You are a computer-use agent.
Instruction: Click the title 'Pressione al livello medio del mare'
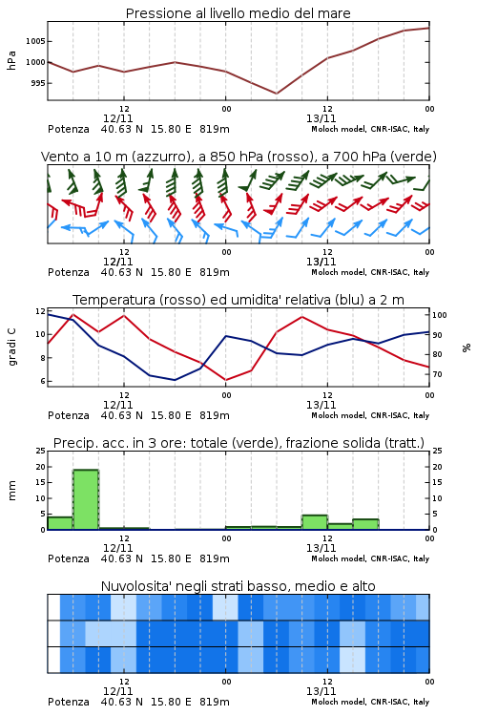tap(238, 13)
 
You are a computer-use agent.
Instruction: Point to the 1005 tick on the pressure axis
tap(35, 41)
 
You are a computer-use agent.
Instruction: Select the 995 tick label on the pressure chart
tap(37, 83)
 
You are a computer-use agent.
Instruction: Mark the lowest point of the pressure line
tap(276, 94)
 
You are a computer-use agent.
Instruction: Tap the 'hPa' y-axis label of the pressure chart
tap(11, 60)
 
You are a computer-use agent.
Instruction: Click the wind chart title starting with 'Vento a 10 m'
tap(238, 157)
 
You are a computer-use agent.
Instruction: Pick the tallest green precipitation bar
tap(86, 499)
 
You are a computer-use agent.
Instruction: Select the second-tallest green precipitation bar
tap(315, 522)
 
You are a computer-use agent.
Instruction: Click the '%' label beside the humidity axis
tap(467, 347)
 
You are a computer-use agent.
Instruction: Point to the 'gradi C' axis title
tap(11, 347)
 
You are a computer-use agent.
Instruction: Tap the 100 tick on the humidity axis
tap(440, 315)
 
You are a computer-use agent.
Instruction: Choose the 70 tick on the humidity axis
tap(437, 374)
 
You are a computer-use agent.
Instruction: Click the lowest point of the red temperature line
tap(225, 380)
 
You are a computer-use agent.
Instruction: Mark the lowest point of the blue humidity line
tap(175, 380)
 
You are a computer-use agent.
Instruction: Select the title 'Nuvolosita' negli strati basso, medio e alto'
tap(238, 586)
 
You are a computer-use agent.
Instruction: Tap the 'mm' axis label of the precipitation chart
tap(11, 491)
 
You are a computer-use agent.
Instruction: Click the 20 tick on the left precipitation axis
tap(41, 467)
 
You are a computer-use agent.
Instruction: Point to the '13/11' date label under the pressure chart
tap(321, 118)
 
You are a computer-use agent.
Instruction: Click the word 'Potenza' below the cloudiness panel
tap(69, 702)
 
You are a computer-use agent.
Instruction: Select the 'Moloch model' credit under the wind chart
tap(339, 272)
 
